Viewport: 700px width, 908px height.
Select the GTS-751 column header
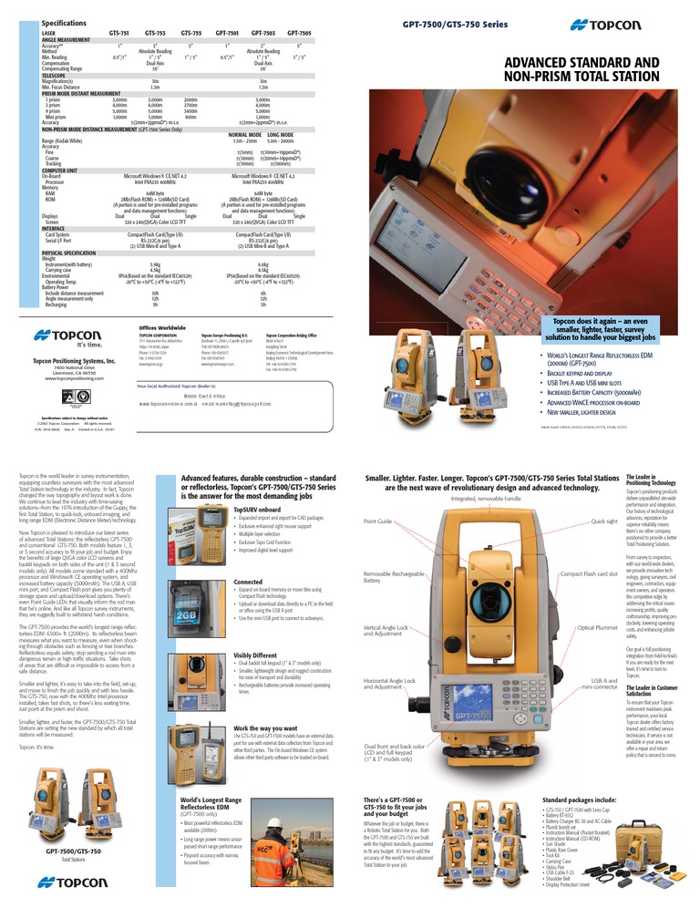(x=119, y=32)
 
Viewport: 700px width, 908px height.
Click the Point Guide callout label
(x=377, y=521)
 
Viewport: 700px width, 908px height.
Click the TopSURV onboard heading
(x=260, y=511)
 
